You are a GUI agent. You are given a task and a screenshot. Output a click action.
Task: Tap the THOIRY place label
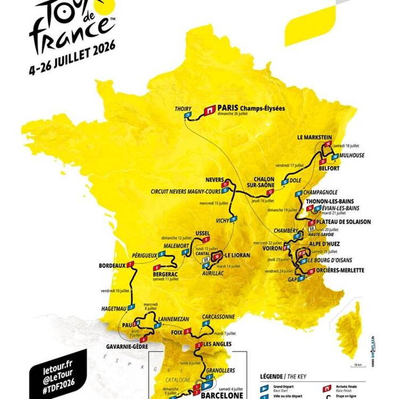click(183, 109)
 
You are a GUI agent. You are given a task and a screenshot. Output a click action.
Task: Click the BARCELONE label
click(222, 395)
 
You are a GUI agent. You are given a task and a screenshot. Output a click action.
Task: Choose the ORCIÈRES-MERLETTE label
click(341, 270)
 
